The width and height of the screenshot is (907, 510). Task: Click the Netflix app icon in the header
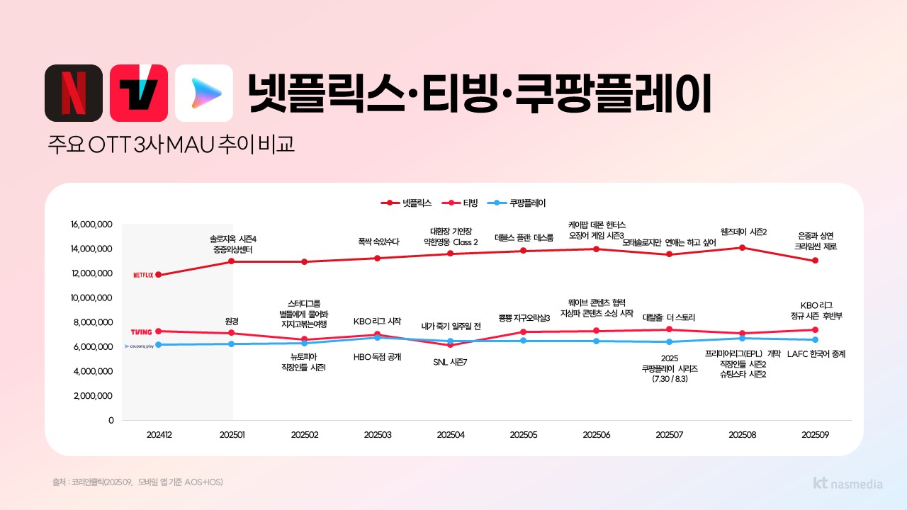tap(74, 93)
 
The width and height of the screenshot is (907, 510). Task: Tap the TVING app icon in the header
tap(139, 93)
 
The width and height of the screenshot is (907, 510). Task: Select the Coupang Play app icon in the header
tap(204, 93)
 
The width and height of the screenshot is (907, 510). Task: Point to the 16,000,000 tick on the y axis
tap(92, 225)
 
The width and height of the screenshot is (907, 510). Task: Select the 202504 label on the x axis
tap(450, 434)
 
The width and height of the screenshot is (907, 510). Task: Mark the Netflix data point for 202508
tap(742, 247)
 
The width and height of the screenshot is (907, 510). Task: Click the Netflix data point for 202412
tap(158, 275)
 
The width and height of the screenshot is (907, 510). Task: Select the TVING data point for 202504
tap(450, 345)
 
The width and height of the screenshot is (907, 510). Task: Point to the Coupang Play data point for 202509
tap(815, 340)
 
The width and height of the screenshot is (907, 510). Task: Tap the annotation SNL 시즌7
tap(450, 362)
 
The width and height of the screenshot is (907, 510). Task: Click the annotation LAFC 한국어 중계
tap(816, 353)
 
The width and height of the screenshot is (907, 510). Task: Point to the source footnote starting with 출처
tap(137, 482)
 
